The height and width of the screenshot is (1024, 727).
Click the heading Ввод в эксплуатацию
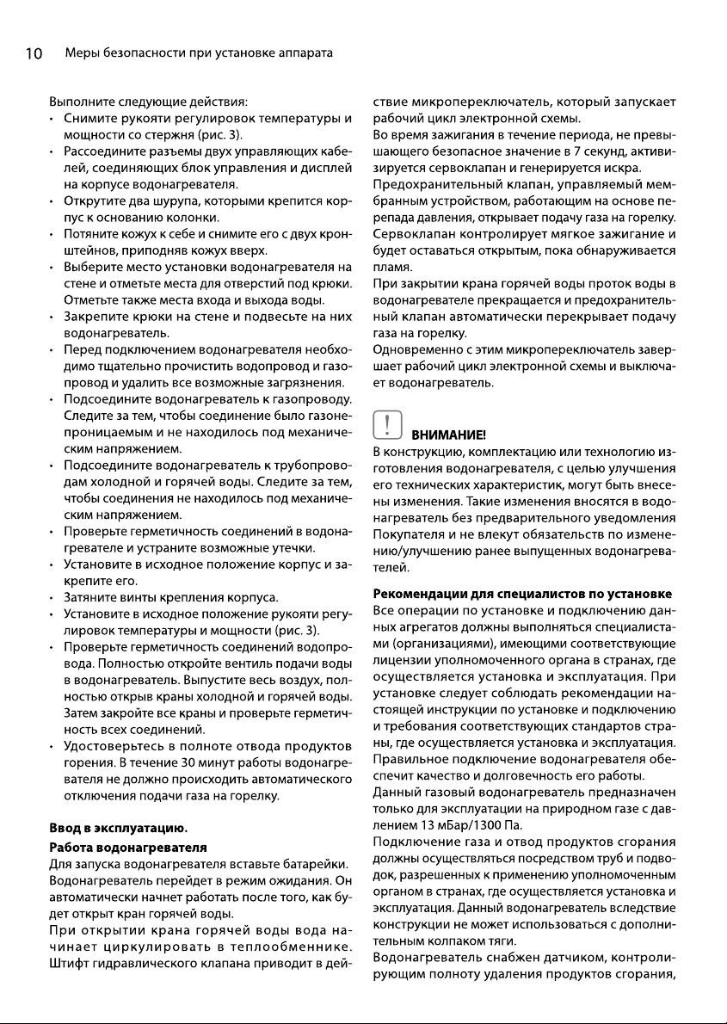(119, 829)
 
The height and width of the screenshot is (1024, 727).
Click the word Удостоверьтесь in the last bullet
(115, 747)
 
